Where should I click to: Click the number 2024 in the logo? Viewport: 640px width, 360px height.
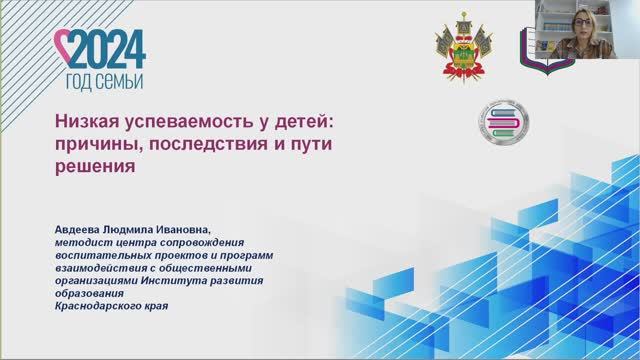point(108,47)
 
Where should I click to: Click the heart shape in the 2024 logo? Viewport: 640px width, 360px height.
point(62,46)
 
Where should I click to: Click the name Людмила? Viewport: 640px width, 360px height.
point(151,228)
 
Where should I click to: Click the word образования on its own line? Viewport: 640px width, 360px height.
point(90,293)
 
